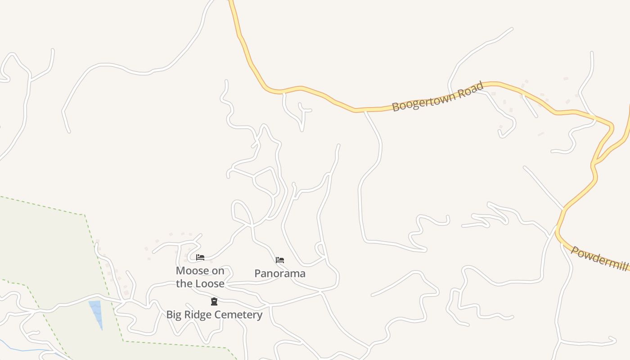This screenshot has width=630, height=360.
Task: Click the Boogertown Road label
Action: [437, 96]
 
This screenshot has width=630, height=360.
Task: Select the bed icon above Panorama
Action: [280, 260]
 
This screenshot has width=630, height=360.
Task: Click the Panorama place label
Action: [280, 273]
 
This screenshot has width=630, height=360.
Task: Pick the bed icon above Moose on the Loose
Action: [200, 257]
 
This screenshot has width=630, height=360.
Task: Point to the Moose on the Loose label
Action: [200, 277]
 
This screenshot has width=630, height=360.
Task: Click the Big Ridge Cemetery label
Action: [214, 315]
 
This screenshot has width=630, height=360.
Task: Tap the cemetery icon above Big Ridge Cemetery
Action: [214, 301]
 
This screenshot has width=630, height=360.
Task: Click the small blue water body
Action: [96, 312]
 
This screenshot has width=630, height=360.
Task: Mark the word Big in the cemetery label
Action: [174, 315]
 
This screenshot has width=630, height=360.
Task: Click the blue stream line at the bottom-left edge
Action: [27, 350]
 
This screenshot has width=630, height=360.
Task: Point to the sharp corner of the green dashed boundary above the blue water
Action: [85, 215]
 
